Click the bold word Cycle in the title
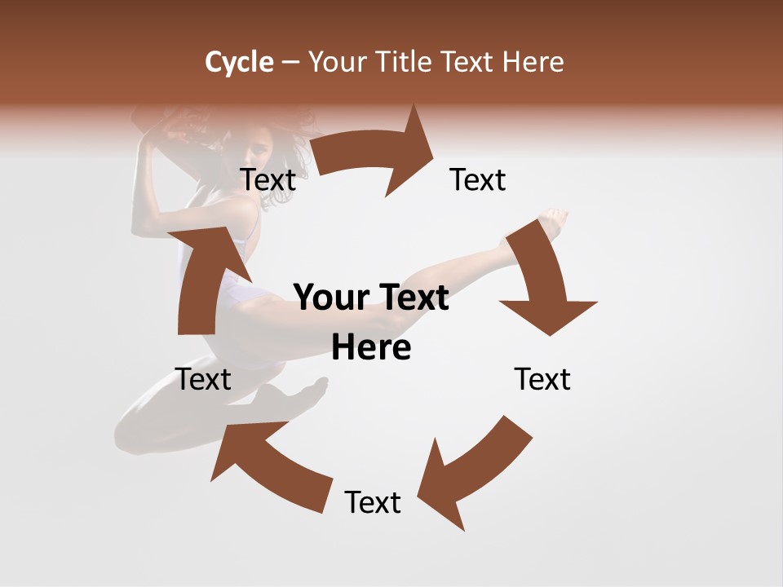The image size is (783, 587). (x=239, y=62)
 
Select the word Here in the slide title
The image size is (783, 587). (x=532, y=62)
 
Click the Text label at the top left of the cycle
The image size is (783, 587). (x=268, y=179)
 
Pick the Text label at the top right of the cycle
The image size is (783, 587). (x=478, y=179)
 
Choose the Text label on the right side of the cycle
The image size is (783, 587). (x=542, y=379)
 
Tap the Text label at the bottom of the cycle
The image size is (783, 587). (x=373, y=502)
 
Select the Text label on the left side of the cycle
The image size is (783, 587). (x=203, y=379)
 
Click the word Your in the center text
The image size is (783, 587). (x=328, y=298)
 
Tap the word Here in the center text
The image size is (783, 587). (x=371, y=348)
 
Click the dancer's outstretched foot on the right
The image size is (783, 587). (x=554, y=222)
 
